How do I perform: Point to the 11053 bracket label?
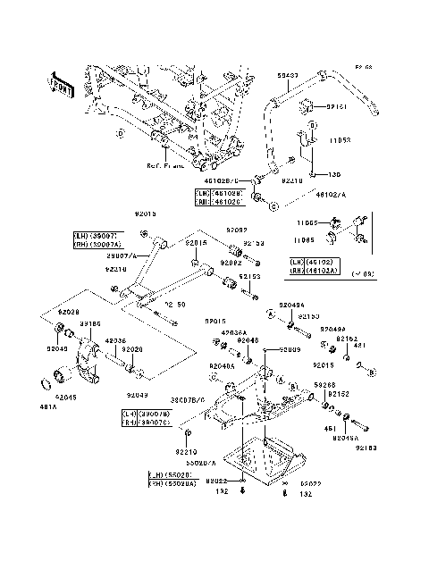click(344, 141)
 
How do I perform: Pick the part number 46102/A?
click(331, 192)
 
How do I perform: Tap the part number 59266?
click(324, 385)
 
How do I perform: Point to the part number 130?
click(310, 175)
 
